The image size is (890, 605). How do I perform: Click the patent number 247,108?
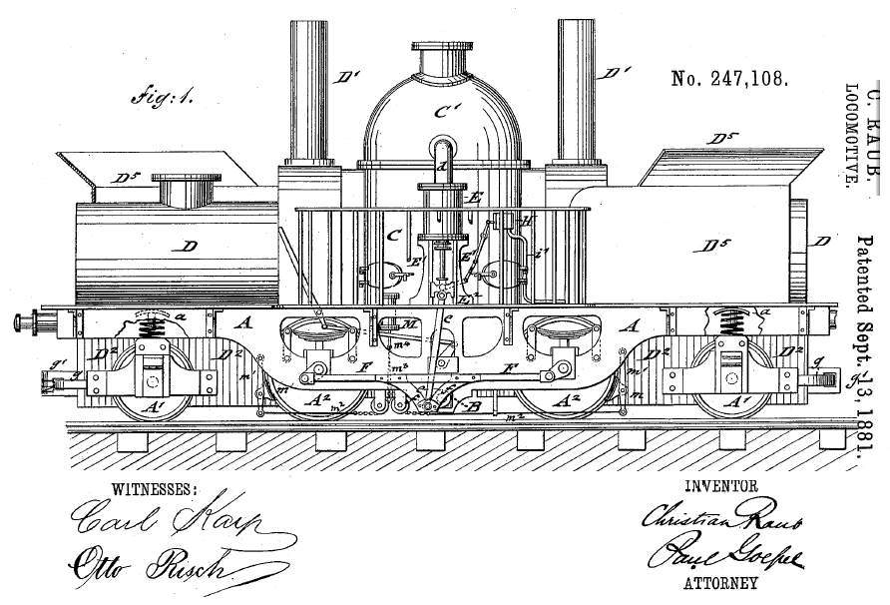point(732,80)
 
